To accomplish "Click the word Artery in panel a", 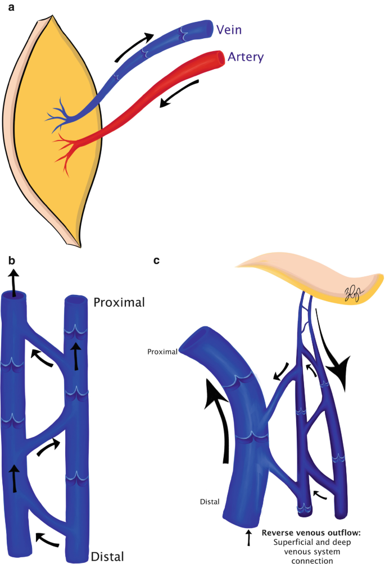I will pyautogui.click(x=246, y=57).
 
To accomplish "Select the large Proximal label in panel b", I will pyautogui.click(x=119, y=302).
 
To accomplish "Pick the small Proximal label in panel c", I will pyautogui.click(x=163, y=352).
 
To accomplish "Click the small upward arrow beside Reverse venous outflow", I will pyautogui.click(x=248, y=538).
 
